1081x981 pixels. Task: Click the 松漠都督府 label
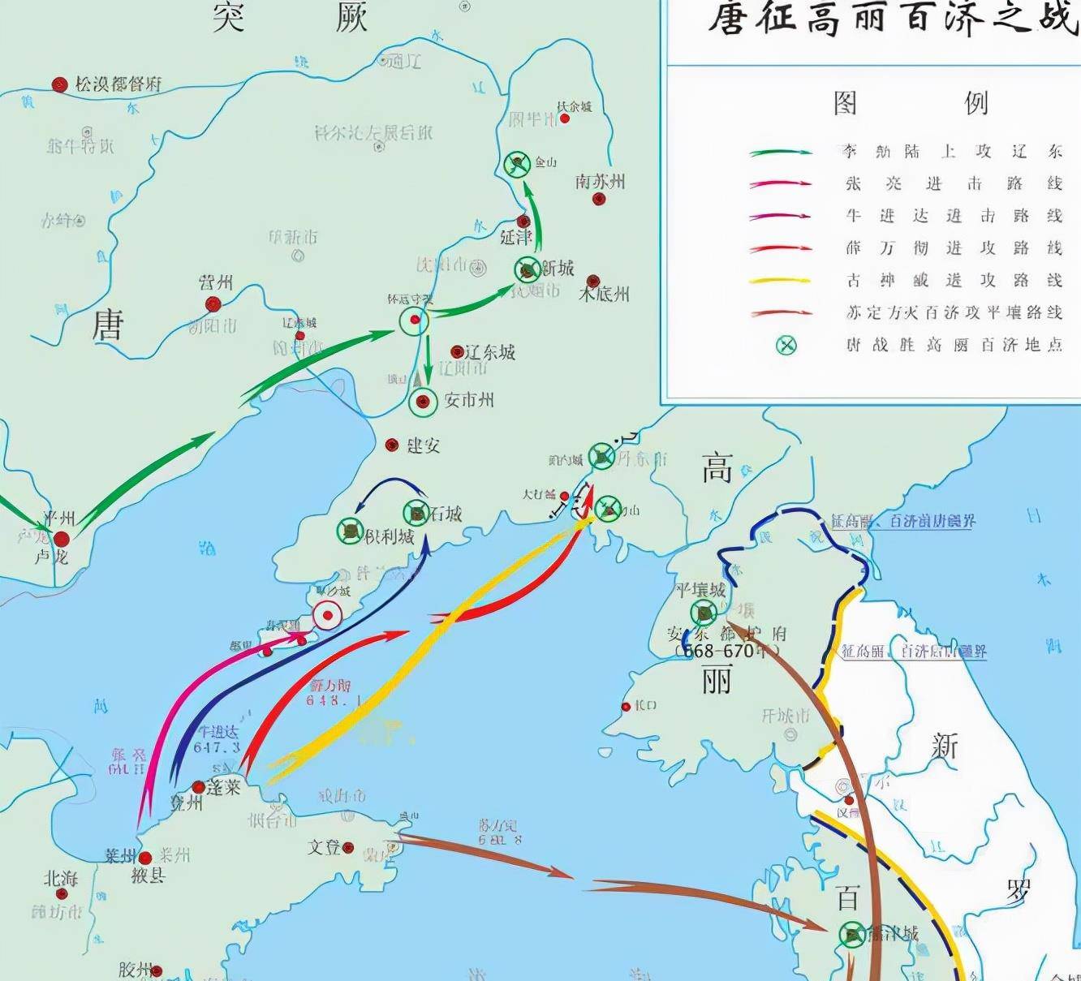coord(118,84)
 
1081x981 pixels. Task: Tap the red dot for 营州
coord(213,304)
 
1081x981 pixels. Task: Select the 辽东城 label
coord(489,352)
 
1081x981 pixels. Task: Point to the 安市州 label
coord(469,400)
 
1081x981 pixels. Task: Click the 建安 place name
coord(423,445)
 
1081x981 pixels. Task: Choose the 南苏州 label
coord(601,181)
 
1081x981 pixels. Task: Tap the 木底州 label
coord(604,294)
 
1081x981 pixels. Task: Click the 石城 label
coord(445,514)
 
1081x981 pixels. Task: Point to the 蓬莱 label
coord(223,786)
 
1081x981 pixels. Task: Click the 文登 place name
coord(324,847)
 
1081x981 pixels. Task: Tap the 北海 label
coord(61,878)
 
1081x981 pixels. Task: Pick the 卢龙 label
coord(51,556)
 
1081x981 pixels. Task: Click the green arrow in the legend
coord(780,152)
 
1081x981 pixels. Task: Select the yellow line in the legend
coord(780,281)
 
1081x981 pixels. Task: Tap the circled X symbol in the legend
coord(786,345)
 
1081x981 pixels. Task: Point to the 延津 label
coord(515,238)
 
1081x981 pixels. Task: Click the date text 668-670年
coord(728,652)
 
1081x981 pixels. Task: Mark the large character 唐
coord(107,325)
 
